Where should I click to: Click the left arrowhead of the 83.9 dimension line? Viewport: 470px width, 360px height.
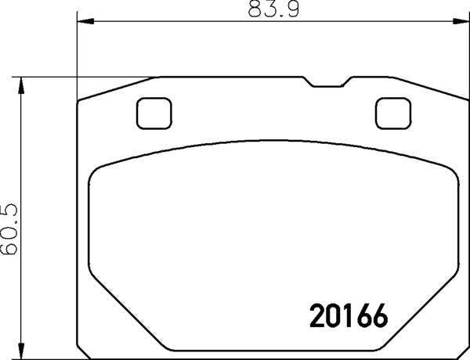pos(82,22)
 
